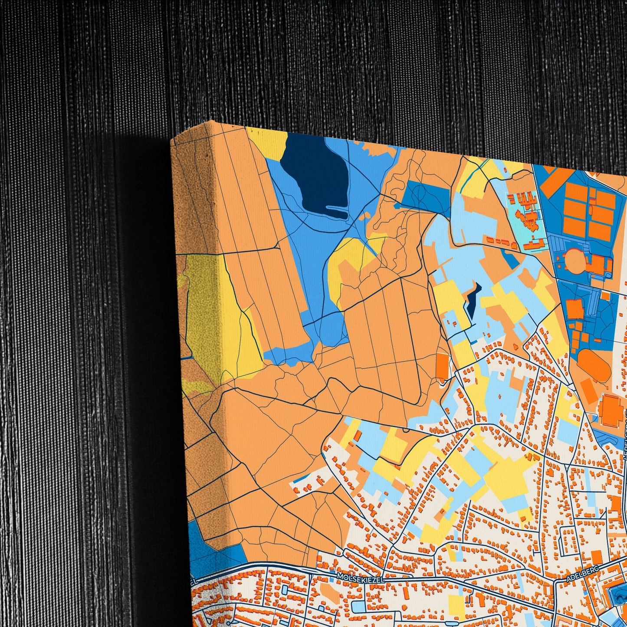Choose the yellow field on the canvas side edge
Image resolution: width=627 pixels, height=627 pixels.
tap(204, 312)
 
